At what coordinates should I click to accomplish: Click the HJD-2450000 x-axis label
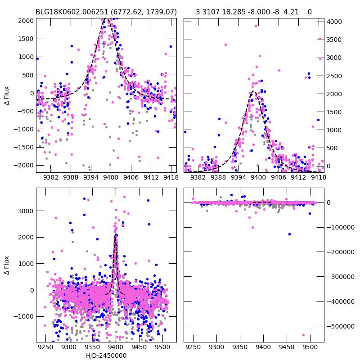click(x=106, y=355)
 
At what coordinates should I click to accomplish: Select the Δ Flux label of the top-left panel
click(x=7, y=94)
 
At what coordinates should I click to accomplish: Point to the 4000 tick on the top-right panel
click(x=336, y=22)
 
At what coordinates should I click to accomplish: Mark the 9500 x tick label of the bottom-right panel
click(x=310, y=347)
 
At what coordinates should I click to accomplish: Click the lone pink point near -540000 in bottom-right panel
click(x=303, y=335)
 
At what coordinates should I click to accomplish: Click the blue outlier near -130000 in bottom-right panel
click(x=289, y=234)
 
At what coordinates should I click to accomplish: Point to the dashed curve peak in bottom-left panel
click(x=116, y=235)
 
